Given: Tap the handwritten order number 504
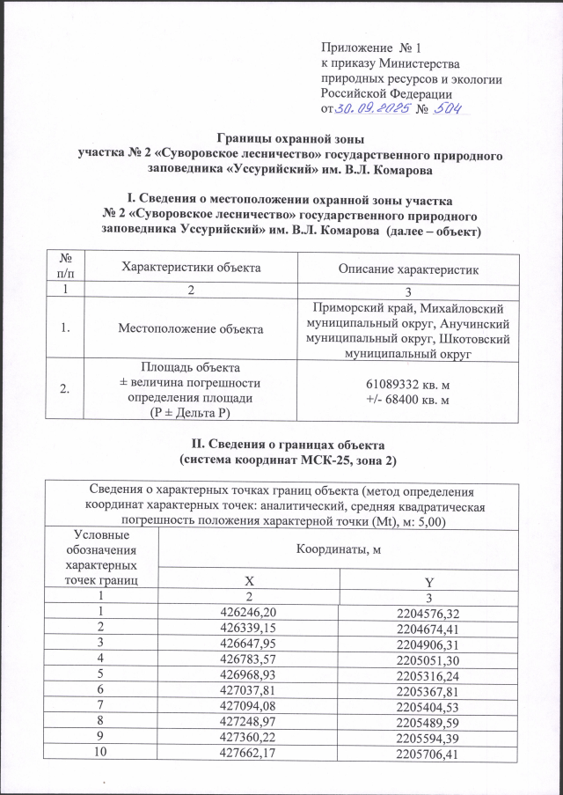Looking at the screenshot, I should coord(449,107).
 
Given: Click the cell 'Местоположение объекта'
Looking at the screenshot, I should coord(192,328).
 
